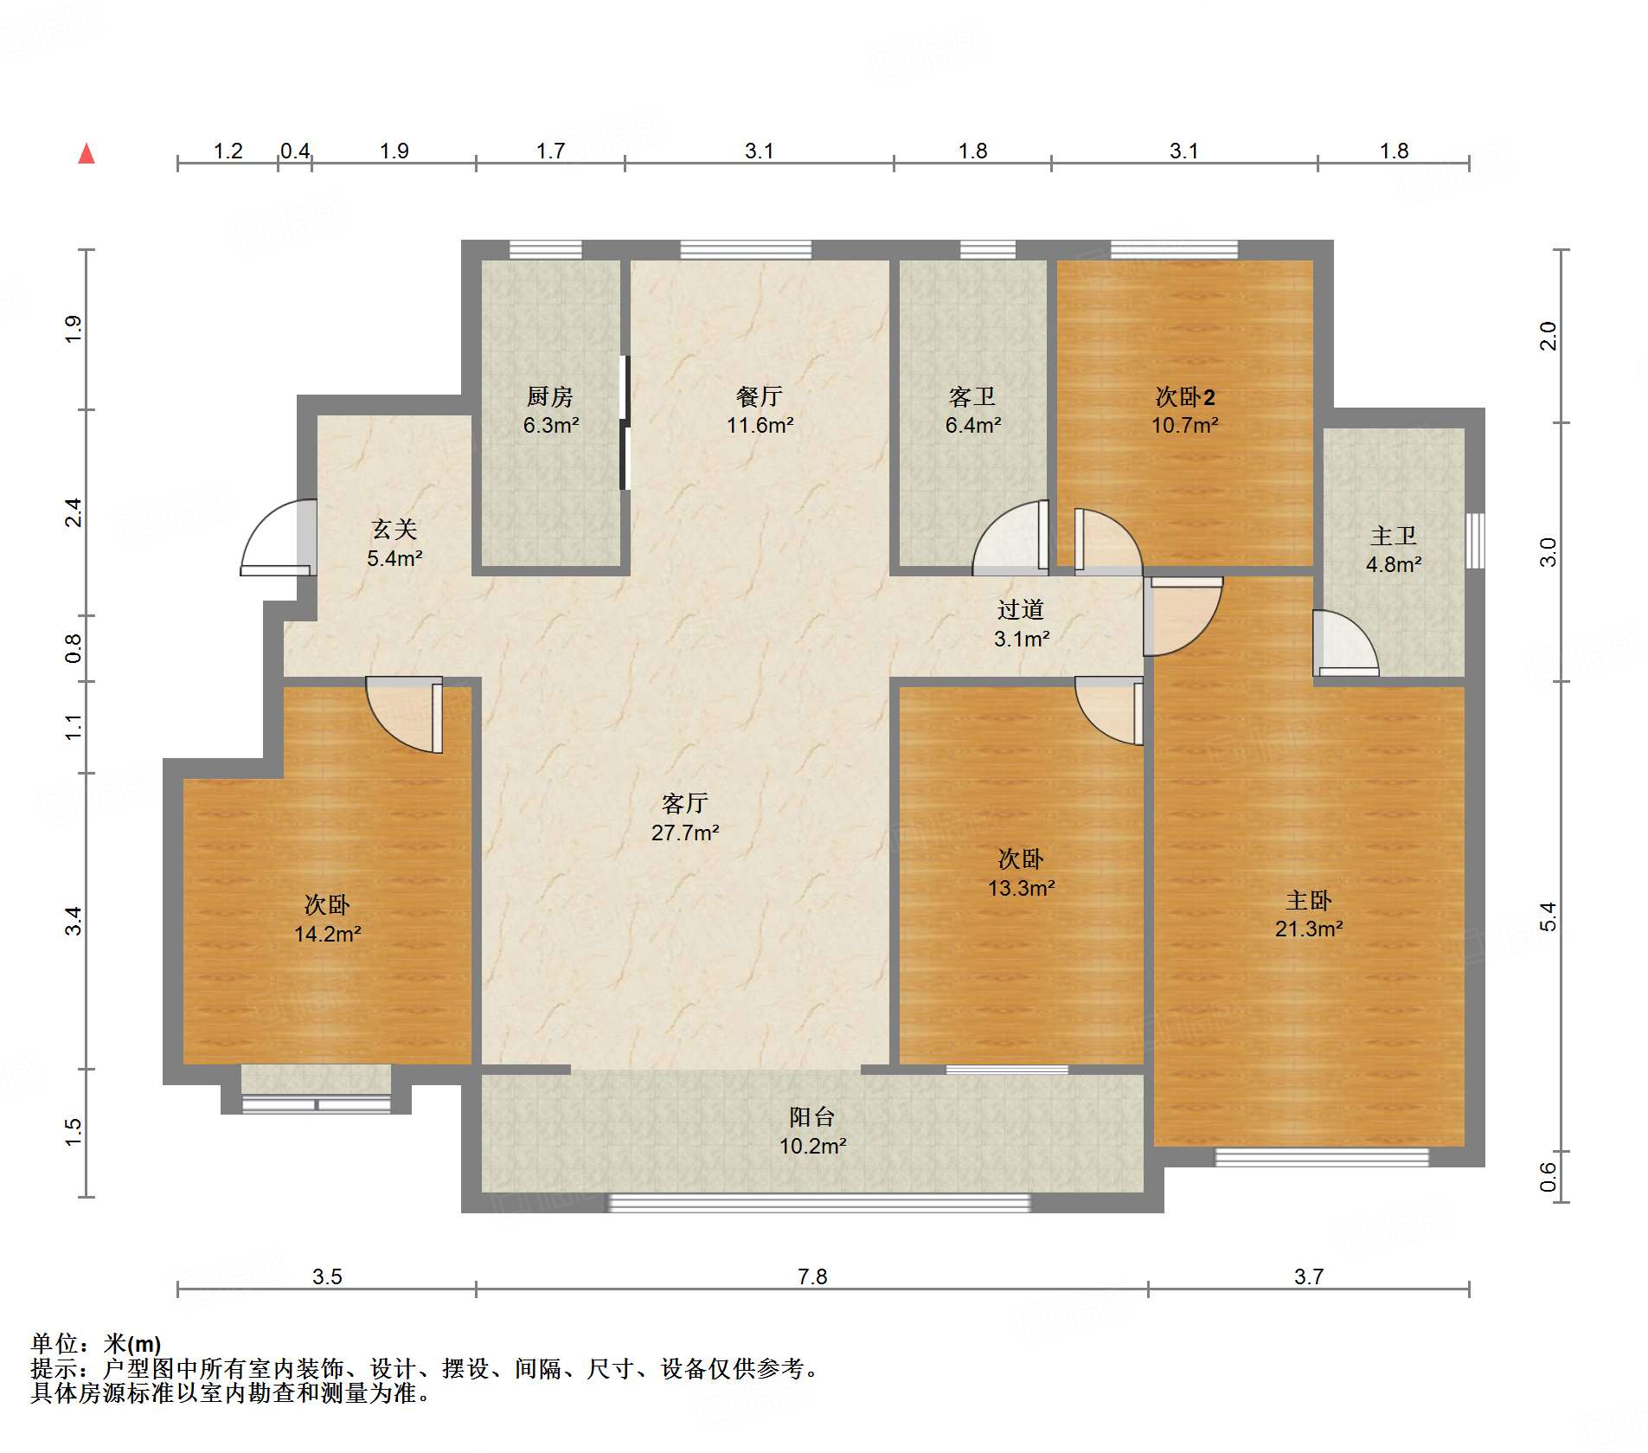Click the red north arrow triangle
coord(87,154)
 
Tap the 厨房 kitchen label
coord(550,397)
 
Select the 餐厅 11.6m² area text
coord(760,425)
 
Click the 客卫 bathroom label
coord(972,397)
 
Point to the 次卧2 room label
coord(1185,397)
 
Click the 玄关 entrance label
coord(394,530)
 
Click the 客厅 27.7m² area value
coord(685,833)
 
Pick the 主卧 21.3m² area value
coord(1309,929)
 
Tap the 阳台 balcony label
coord(811,1117)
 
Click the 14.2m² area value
coord(327,934)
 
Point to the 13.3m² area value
coord(1021,888)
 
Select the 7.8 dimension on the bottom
coord(812,1276)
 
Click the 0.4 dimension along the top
coord(295,151)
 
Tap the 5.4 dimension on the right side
coord(1548,916)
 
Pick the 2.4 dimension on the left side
coord(74,512)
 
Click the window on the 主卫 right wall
coord(1475,541)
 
